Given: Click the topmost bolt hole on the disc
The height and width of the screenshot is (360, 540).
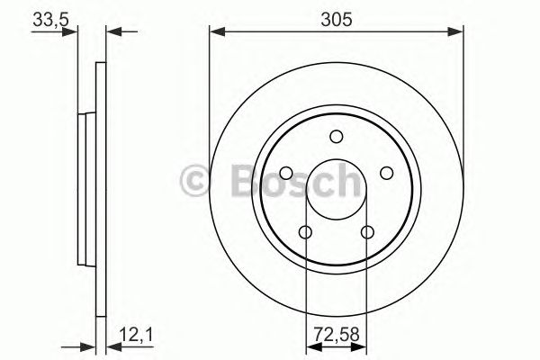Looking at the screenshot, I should tap(337, 136).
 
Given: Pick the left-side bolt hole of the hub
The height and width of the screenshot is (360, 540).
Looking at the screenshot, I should tap(285, 173).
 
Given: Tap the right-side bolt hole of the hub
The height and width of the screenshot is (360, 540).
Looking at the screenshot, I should tap(388, 173).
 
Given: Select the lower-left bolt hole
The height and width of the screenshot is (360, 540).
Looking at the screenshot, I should tap(305, 233).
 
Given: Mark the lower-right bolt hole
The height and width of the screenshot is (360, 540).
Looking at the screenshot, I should tap(367, 233).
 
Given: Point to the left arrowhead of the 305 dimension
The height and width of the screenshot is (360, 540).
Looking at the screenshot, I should tap(215, 33).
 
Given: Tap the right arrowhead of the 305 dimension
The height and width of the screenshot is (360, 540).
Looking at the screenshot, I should tap(459, 33).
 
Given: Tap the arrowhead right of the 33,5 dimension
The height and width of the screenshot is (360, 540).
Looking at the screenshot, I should tap(112, 33).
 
